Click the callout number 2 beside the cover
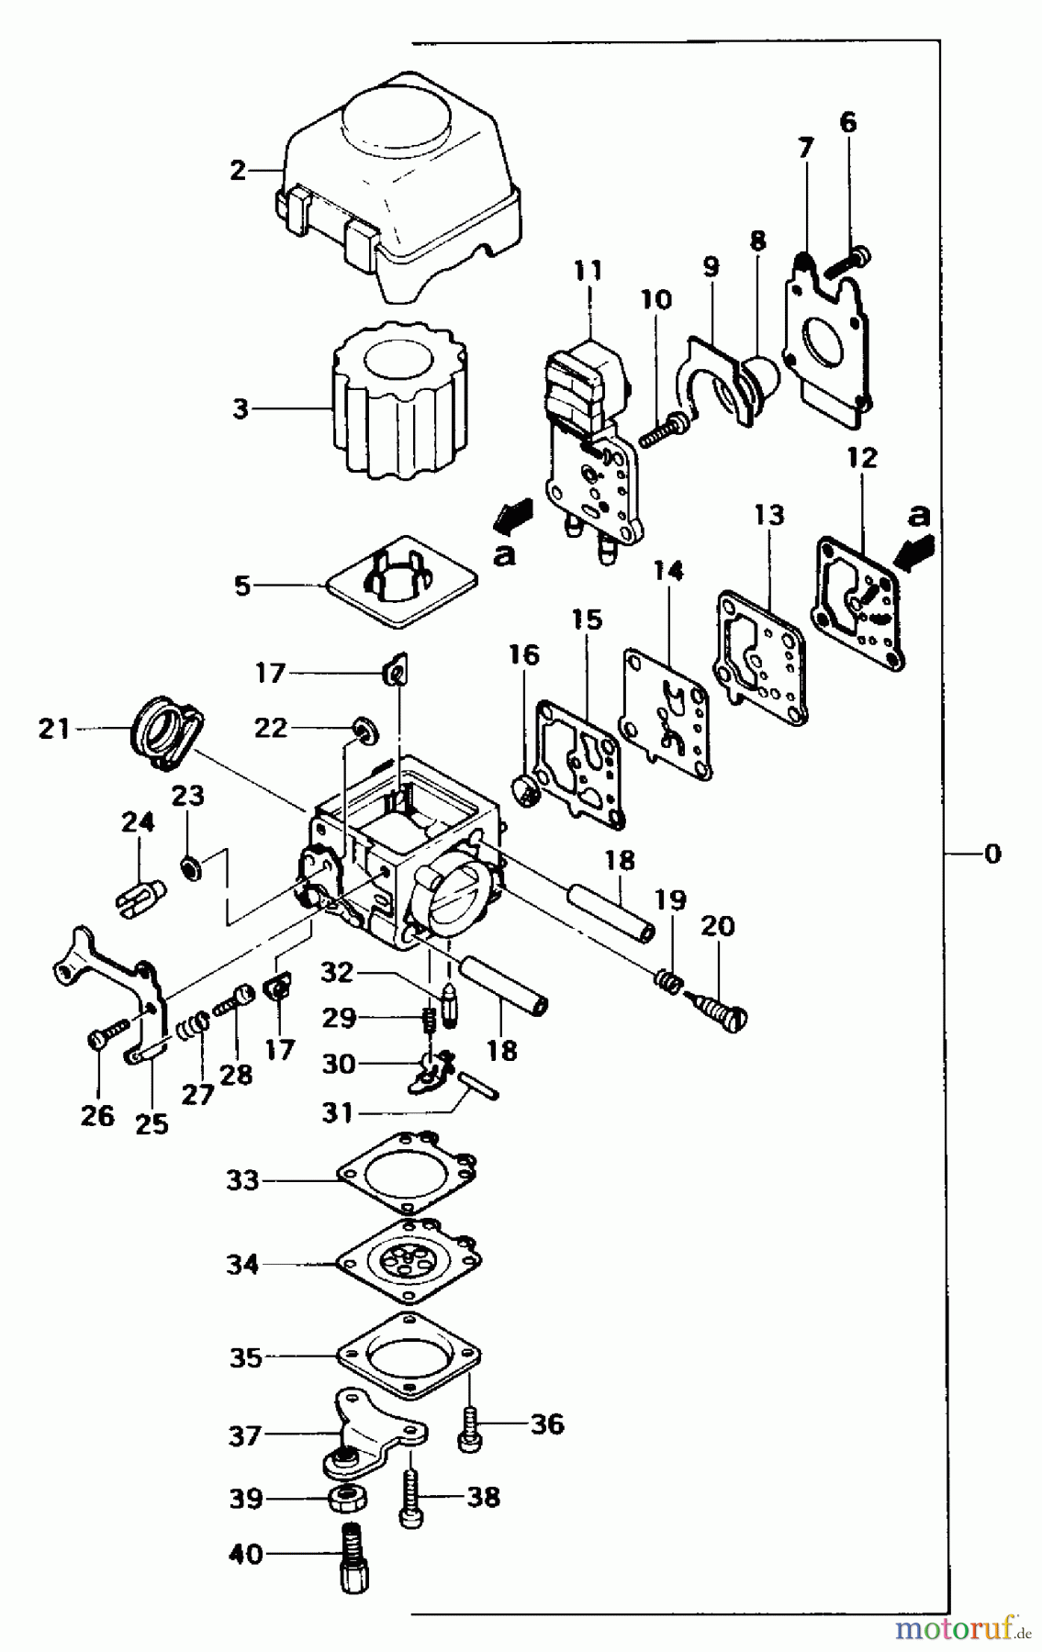pos(238,170)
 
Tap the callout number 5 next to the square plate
pos(241,585)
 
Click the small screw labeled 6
pos(849,260)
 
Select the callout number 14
pos(668,572)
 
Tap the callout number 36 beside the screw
pos(546,1425)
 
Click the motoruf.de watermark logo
pos(954,1628)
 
